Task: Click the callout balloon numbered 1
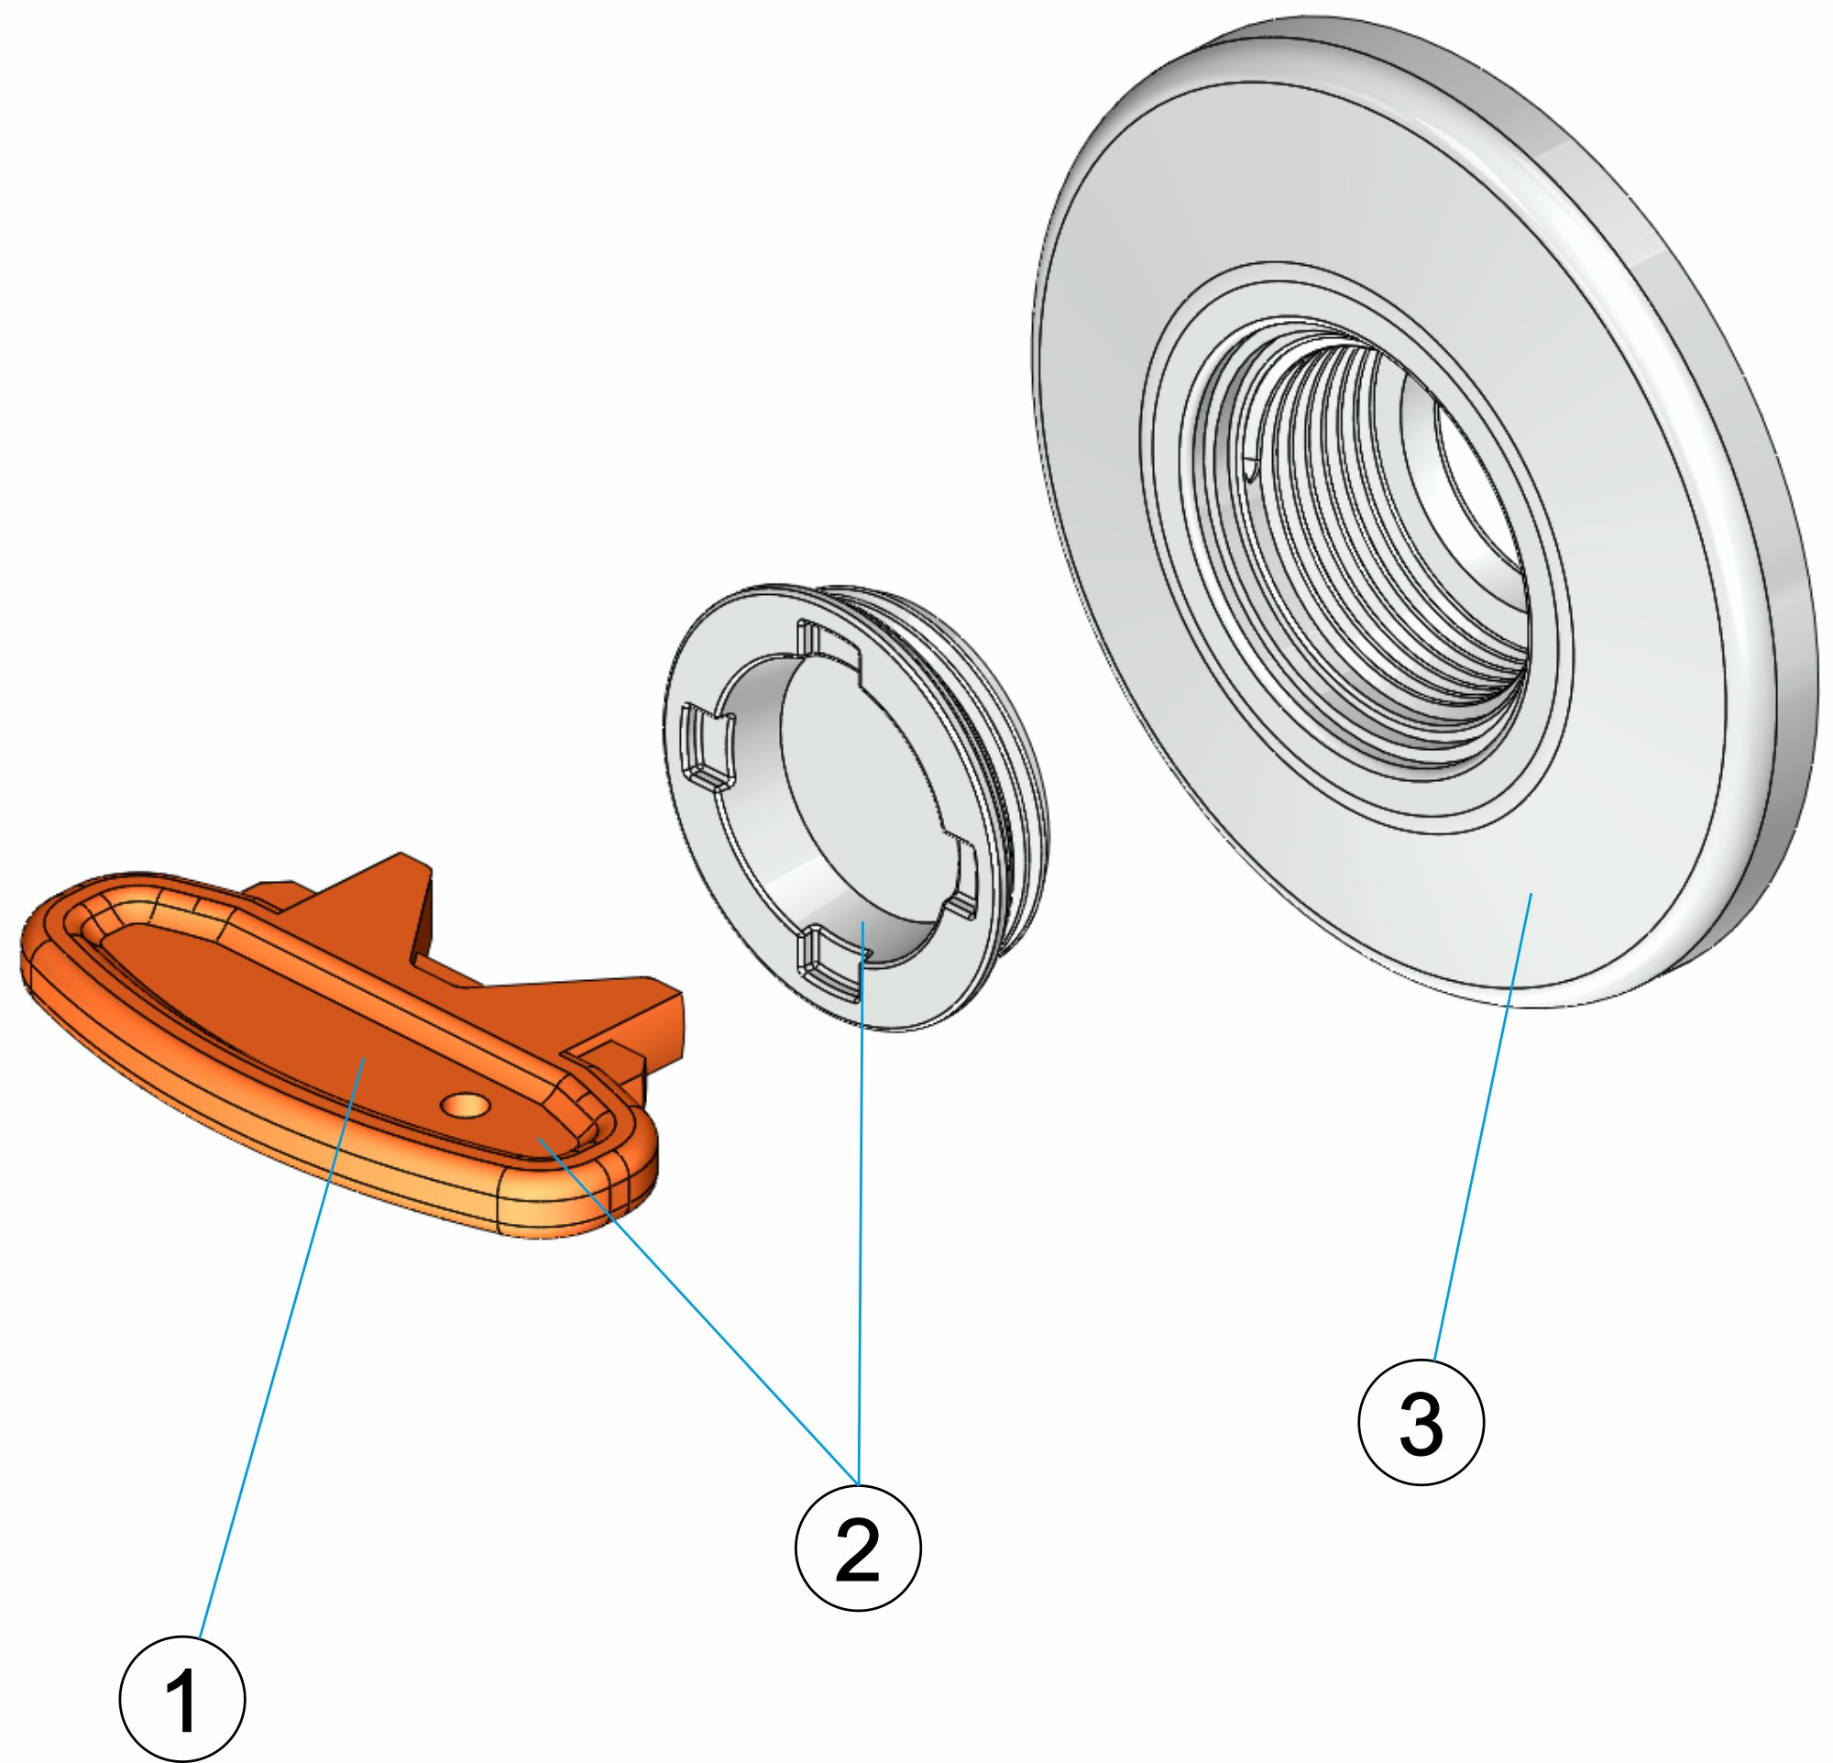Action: [x=182, y=1699]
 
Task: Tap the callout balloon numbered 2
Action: [x=858, y=1547]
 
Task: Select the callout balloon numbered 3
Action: [x=1421, y=1423]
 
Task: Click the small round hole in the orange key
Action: [x=466, y=1106]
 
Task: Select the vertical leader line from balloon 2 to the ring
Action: [x=862, y=1216]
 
